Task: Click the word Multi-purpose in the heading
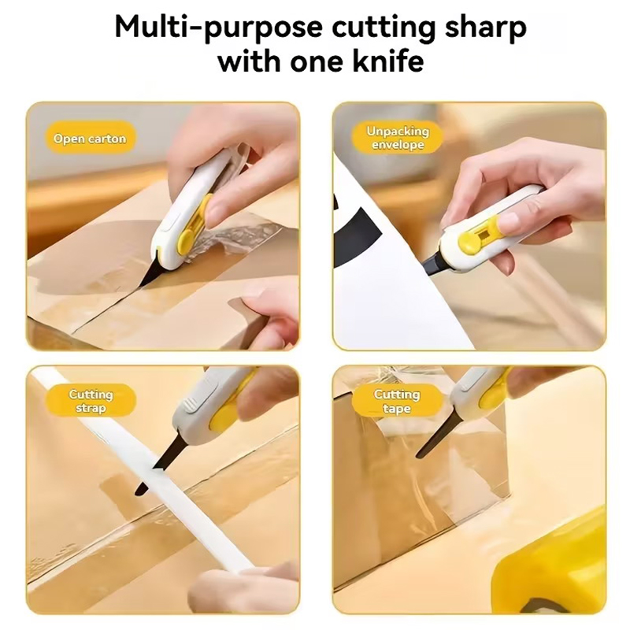(x=218, y=28)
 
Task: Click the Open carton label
(x=90, y=139)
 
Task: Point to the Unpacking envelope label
(x=398, y=138)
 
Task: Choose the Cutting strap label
(x=91, y=401)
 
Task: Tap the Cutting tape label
(x=397, y=401)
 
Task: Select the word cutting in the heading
(x=378, y=28)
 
